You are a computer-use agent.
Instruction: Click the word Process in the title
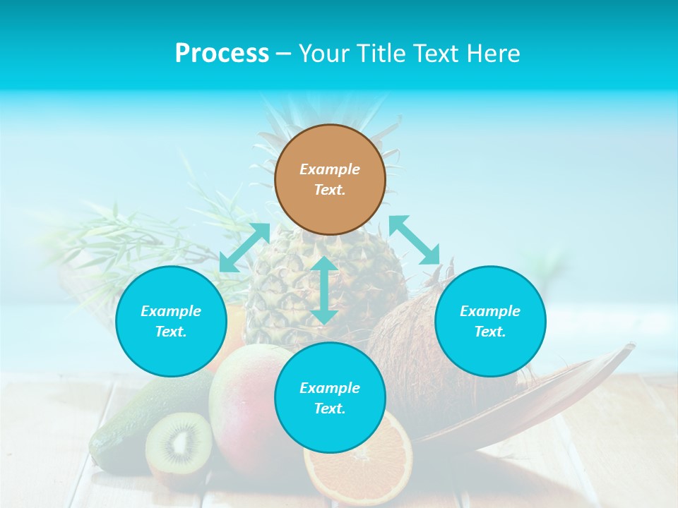tap(222, 54)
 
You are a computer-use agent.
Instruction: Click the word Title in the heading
tap(378, 54)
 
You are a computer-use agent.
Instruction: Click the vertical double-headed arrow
tap(324, 290)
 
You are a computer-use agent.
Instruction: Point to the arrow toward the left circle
tap(244, 247)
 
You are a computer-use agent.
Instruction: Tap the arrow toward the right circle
tap(415, 241)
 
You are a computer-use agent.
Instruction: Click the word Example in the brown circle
tap(330, 169)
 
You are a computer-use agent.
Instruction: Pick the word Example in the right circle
tap(490, 311)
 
